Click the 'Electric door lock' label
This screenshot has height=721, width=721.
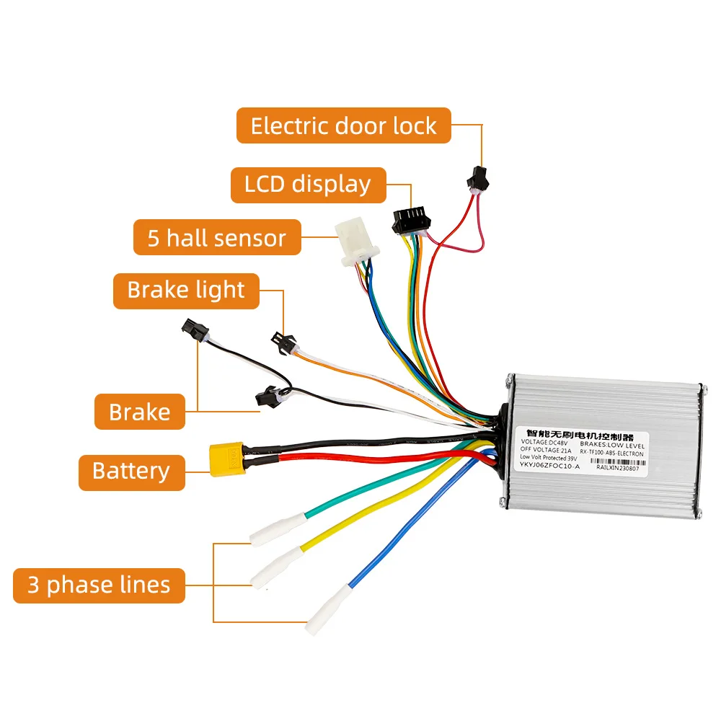(x=343, y=126)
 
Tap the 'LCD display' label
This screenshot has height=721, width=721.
(x=308, y=185)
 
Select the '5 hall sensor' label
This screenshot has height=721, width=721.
(x=216, y=237)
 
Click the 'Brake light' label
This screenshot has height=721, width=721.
(x=186, y=290)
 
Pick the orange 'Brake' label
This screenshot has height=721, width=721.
(x=139, y=412)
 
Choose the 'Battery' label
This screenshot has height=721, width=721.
(x=131, y=471)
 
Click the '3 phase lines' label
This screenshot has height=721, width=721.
(x=99, y=585)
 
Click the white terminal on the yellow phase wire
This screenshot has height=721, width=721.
(x=277, y=567)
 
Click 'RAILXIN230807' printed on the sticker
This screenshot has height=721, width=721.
(x=618, y=467)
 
